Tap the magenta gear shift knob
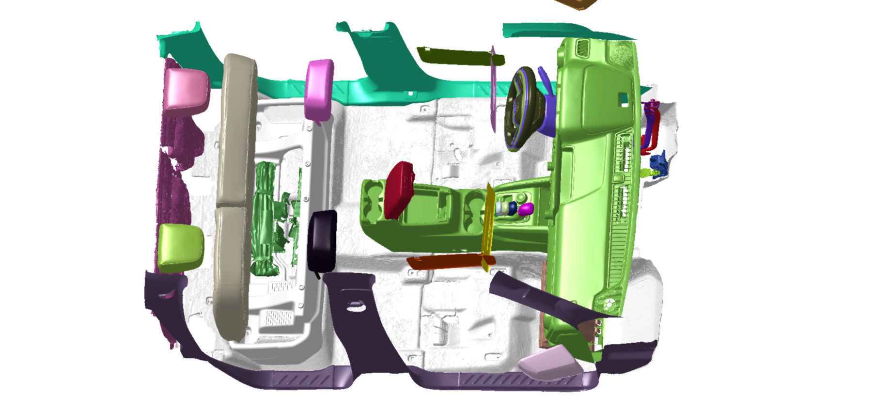point(525,209)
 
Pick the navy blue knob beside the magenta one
point(513,207)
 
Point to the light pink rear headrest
point(186,88)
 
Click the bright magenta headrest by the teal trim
point(319,90)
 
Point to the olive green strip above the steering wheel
point(455,56)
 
